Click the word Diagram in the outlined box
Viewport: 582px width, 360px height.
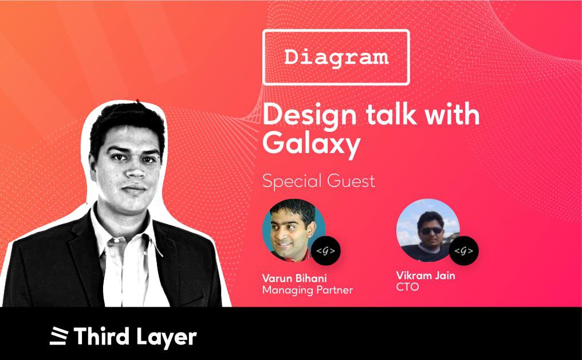336,57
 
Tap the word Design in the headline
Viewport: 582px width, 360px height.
310,115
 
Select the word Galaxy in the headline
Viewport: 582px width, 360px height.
312,143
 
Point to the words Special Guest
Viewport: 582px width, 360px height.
318,181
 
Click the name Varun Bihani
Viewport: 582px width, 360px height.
294,278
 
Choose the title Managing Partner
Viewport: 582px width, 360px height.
308,290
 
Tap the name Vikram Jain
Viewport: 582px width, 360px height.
426,275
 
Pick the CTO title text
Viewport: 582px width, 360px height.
407,287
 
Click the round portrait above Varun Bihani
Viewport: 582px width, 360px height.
294,230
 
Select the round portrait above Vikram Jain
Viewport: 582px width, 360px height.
428,230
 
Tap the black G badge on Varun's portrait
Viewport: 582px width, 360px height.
325,251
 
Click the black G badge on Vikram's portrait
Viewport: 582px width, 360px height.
463,251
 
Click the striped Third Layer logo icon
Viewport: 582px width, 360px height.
59,336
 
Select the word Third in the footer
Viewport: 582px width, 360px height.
101,336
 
